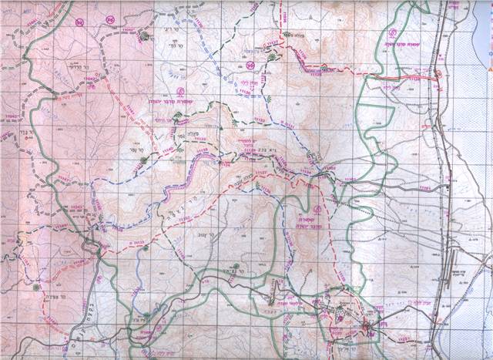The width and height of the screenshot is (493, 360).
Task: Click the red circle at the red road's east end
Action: click(438, 75)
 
